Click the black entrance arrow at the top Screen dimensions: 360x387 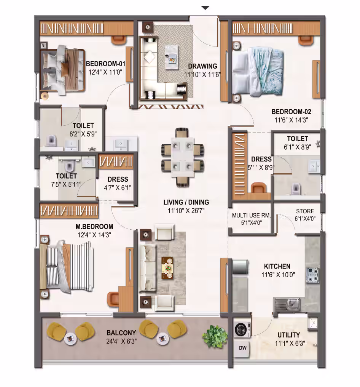(205, 8)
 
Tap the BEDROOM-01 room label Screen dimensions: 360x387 (105, 64)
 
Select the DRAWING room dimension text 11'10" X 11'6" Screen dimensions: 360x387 (202, 75)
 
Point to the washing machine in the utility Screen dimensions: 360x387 (242, 330)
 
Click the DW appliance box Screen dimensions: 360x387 (242, 348)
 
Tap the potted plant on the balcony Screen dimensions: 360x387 (214, 336)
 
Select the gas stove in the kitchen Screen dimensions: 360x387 (313, 275)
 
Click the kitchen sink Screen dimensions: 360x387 (287, 304)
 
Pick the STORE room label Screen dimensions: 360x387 (305, 211)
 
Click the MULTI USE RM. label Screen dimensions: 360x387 (251, 216)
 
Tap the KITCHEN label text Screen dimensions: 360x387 (277, 266)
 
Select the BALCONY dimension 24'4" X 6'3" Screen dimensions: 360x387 (121, 341)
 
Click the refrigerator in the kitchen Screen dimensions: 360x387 (240, 267)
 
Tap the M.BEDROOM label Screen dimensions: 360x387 (94, 226)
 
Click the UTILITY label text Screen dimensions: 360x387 (289, 335)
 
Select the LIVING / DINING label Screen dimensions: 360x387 (186, 202)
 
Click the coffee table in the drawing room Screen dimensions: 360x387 (172, 57)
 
